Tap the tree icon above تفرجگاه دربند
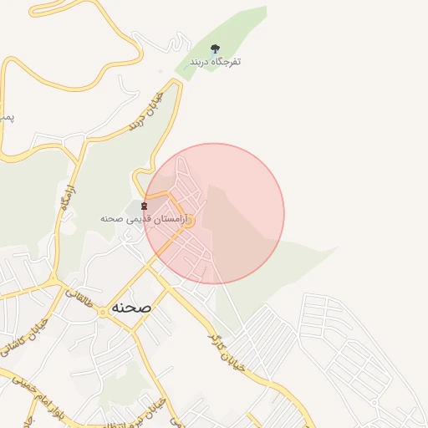tap(216, 48)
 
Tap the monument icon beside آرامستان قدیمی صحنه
tap(145, 206)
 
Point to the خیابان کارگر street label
tap(227, 350)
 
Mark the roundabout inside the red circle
tap(189, 222)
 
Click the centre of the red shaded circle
tap(214, 213)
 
